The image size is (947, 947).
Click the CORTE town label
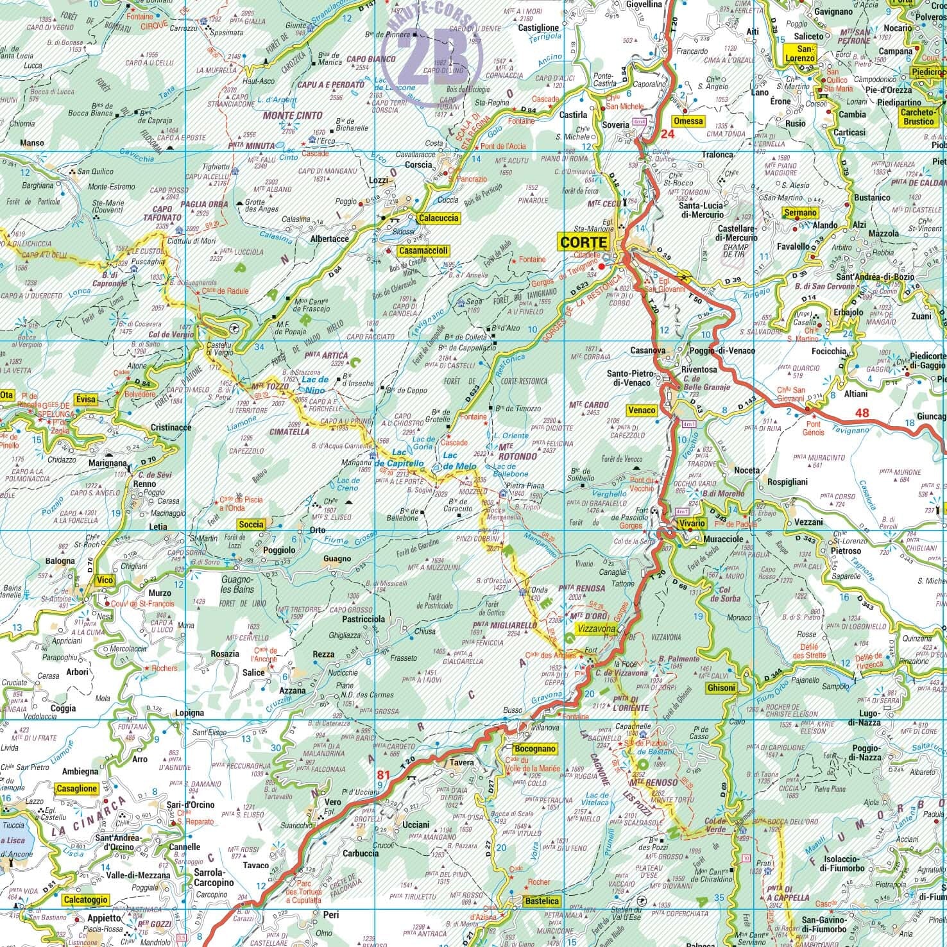pyautogui.click(x=583, y=242)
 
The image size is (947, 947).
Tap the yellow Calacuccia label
pyautogui.click(x=439, y=218)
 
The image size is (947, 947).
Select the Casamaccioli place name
pyautogui.click(x=423, y=251)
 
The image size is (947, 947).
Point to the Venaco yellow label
pyautogui.click(x=642, y=410)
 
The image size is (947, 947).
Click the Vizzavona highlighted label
pyautogui.click(x=596, y=629)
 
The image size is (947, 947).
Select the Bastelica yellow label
pyautogui.click(x=542, y=901)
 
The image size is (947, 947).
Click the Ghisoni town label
pyautogui.click(x=721, y=687)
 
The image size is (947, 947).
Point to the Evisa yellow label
pyautogui.click(x=85, y=399)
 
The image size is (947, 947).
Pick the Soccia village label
pyautogui.click(x=251, y=524)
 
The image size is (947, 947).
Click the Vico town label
pyautogui.click(x=104, y=580)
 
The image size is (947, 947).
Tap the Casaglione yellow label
pyautogui.click(x=77, y=789)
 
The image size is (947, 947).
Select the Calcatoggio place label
pyautogui.click(x=85, y=900)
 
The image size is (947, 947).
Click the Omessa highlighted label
pyautogui.click(x=688, y=121)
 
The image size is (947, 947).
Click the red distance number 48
pyautogui.click(x=861, y=413)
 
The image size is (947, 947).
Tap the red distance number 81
pyautogui.click(x=383, y=774)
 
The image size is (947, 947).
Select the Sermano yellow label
pyautogui.click(x=801, y=212)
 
